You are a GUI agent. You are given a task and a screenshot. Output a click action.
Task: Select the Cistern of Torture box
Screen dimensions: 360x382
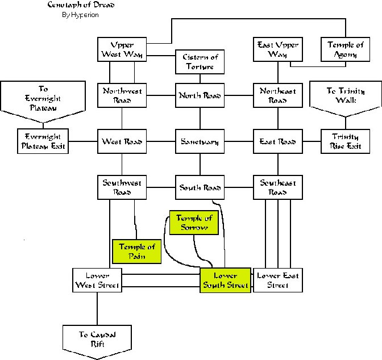click(200, 62)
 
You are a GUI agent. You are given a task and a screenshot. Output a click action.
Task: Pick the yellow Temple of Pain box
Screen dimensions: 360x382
click(136, 251)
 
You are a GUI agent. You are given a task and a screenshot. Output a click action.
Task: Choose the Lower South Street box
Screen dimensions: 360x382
click(226, 279)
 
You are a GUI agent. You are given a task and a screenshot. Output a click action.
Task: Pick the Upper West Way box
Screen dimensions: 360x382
click(123, 49)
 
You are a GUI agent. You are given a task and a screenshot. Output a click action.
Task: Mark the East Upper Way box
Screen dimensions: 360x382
click(277, 49)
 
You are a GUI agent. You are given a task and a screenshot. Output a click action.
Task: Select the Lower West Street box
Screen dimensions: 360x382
click(97, 279)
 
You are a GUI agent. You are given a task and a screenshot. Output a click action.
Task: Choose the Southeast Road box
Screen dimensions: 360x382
click(277, 187)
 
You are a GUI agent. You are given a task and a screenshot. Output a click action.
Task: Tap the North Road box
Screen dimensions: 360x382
click(200, 95)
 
